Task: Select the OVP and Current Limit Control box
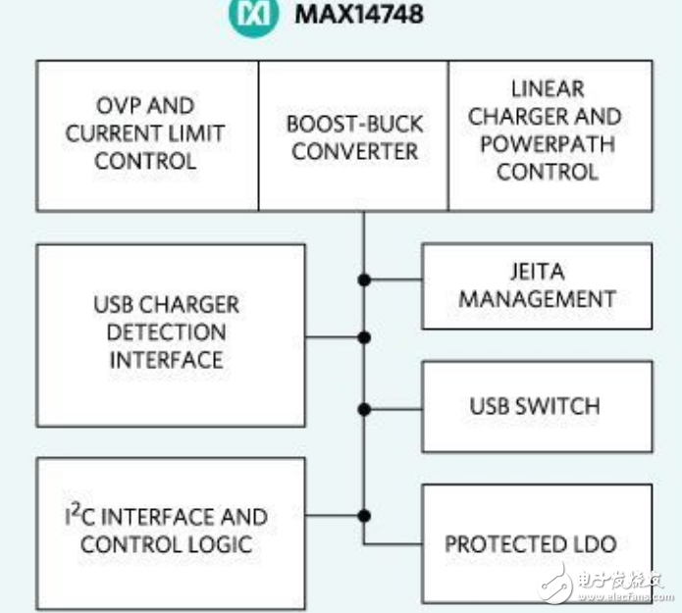pos(147,135)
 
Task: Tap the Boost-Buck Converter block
pos(354,137)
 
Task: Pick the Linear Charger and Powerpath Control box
pos(551,135)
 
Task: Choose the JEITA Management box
pos(537,285)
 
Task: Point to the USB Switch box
pos(537,405)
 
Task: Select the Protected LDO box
pos(537,543)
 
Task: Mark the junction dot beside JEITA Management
pos(364,280)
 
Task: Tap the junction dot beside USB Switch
pos(364,409)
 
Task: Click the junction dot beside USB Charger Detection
pos(364,337)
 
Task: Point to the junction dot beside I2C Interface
pos(364,514)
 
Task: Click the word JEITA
pos(537,271)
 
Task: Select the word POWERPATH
pos(546,144)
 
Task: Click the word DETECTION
pos(166,332)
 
